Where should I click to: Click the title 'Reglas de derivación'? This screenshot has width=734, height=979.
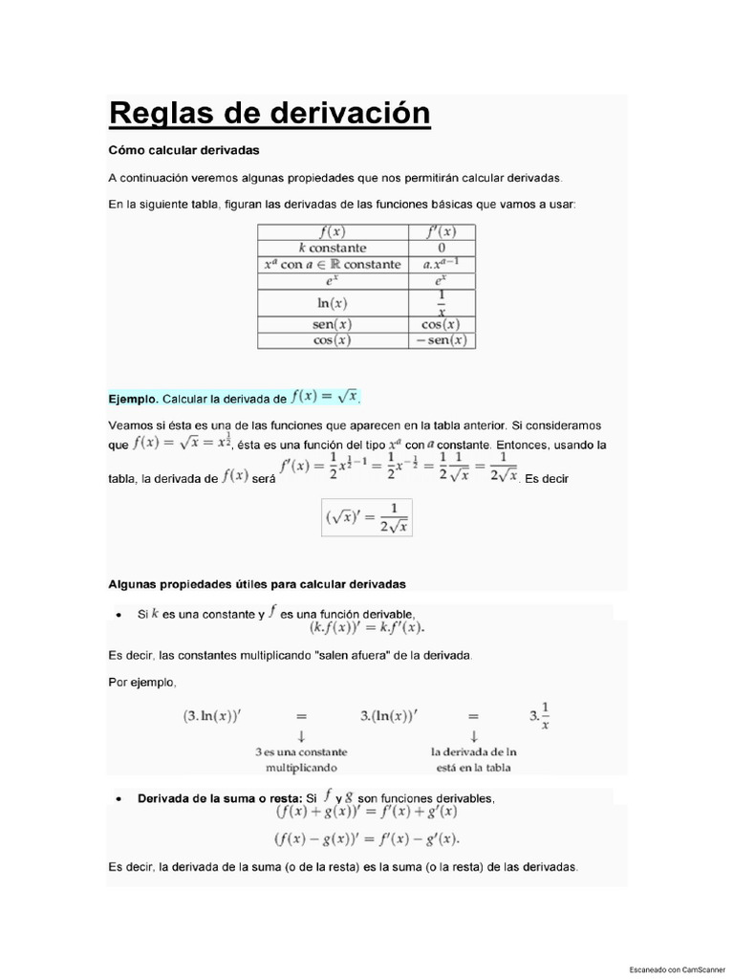pyautogui.click(x=270, y=114)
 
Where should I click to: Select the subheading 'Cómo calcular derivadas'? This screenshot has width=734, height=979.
pyautogui.click(x=183, y=150)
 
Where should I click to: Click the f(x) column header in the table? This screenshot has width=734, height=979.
pyautogui.click(x=333, y=232)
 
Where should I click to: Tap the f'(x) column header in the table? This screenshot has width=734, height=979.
pyautogui.click(x=442, y=232)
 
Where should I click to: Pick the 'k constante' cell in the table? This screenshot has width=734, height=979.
pyautogui.click(x=333, y=248)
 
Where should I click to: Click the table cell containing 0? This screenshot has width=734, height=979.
pyautogui.click(x=442, y=248)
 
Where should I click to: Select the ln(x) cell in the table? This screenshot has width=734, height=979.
pyautogui.click(x=333, y=303)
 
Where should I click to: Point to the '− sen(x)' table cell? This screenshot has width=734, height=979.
pyautogui.click(x=442, y=340)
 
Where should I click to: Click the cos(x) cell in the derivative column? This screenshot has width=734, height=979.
pyautogui.click(x=442, y=325)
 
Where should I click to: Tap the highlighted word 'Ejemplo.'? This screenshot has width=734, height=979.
pyautogui.click(x=134, y=398)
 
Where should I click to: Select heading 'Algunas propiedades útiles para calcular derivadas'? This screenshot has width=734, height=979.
pyautogui.click(x=257, y=583)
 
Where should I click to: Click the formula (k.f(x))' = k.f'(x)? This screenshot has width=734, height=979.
pyautogui.click(x=367, y=628)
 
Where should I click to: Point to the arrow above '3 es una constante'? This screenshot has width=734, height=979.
pyautogui.click(x=301, y=735)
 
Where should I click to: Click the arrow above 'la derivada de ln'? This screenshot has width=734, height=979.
pyautogui.click(x=474, y=735)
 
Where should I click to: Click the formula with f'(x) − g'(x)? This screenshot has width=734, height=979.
pyautogui.click(x=367, y=839)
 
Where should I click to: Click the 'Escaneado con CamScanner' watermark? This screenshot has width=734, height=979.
pyautogui.click(x=677, y=968)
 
